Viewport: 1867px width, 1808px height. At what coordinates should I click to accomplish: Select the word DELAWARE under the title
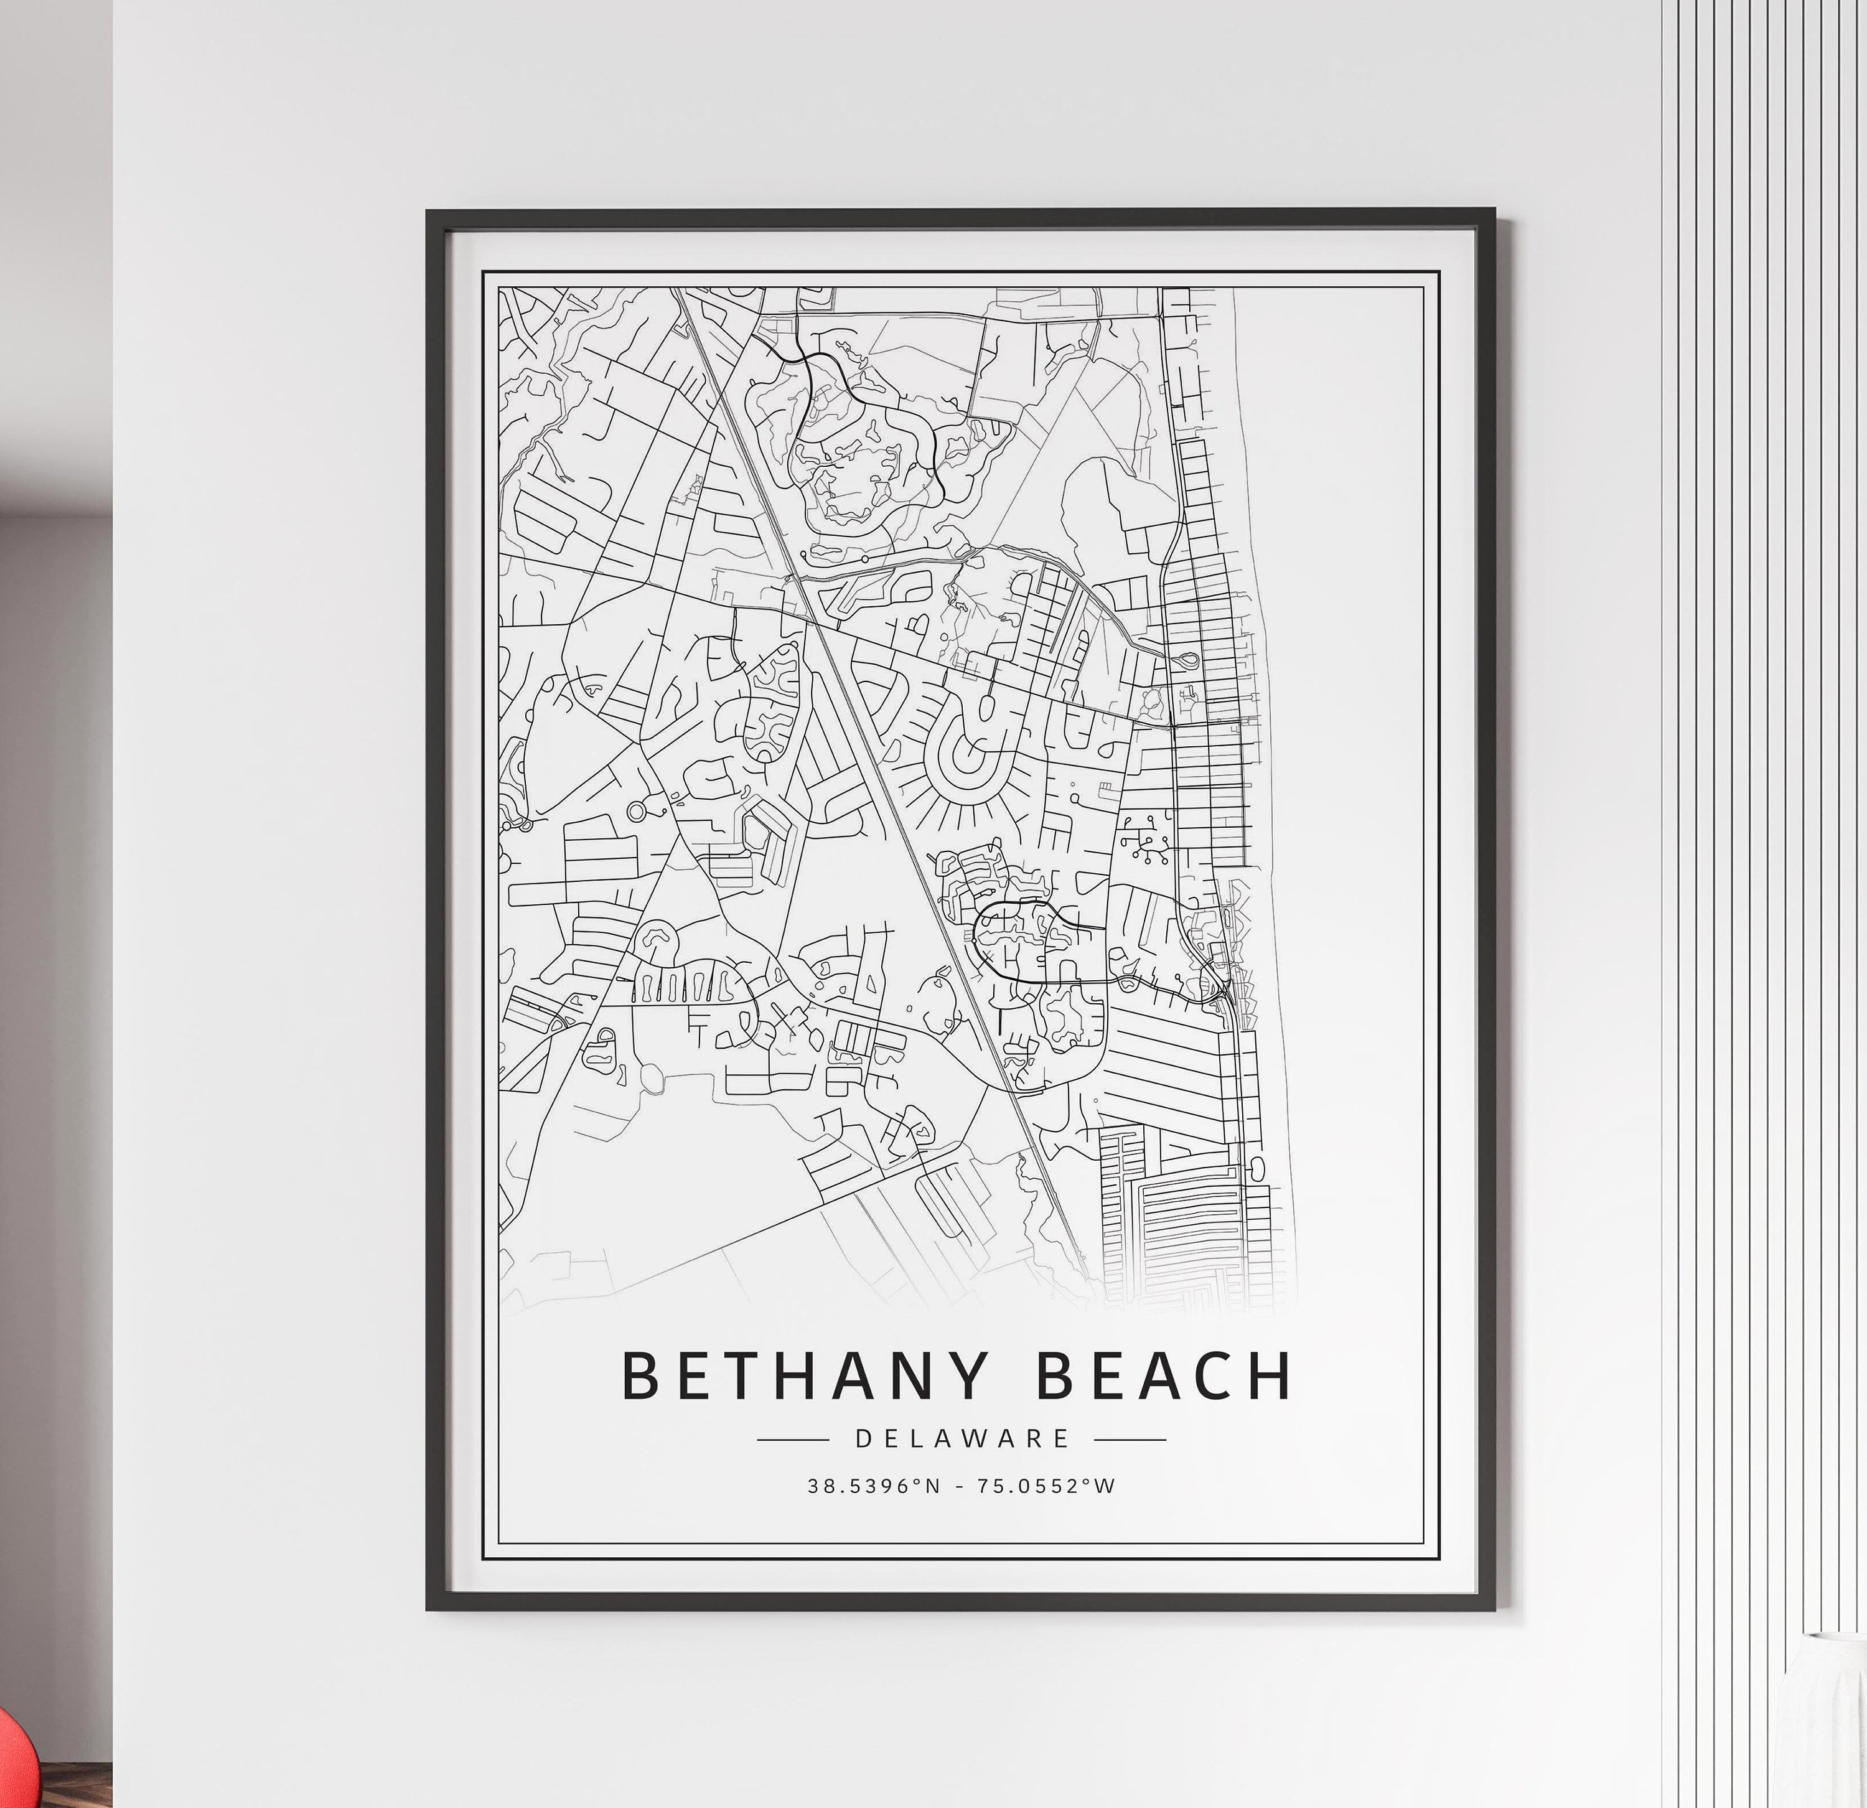(962, 1438)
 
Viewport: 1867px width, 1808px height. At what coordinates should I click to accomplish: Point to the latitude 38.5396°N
(873, 1486)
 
